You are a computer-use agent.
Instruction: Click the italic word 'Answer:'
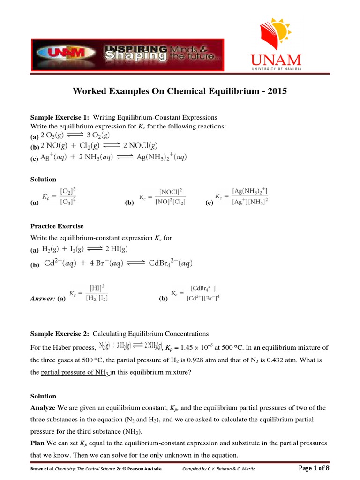pos(43,298)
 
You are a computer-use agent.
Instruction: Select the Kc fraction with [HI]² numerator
pos(88,293)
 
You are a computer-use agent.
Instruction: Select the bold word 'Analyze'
pos(43,408)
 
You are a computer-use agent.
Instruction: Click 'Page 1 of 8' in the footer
pos(314,468)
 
